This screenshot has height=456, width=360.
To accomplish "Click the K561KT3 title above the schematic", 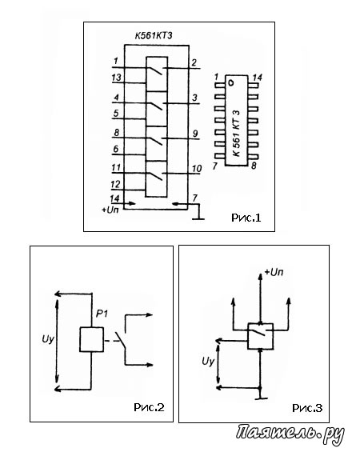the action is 153,36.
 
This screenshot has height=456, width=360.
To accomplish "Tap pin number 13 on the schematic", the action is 116,78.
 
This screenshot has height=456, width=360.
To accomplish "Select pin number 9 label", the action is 195,134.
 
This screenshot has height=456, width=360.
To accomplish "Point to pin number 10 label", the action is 197,169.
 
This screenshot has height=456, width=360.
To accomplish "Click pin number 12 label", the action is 115,184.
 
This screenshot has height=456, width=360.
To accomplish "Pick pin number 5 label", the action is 116,113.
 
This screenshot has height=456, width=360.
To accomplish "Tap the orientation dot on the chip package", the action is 231,83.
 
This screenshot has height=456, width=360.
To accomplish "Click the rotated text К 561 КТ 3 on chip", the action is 237,134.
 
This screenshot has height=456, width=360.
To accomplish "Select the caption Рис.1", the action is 246,218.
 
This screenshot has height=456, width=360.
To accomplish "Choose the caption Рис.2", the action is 149,407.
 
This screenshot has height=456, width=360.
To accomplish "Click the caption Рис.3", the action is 307,408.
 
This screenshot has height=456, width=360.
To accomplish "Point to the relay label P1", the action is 102,314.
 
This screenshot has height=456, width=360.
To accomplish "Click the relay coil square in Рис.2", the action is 91,339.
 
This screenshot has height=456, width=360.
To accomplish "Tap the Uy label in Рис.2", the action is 48,340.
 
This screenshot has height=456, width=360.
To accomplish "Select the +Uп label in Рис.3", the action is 274,272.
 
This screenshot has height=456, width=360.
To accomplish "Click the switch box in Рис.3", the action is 260,336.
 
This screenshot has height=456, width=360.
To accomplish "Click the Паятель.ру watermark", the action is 290,434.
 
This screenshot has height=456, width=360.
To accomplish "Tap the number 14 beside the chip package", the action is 258,78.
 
